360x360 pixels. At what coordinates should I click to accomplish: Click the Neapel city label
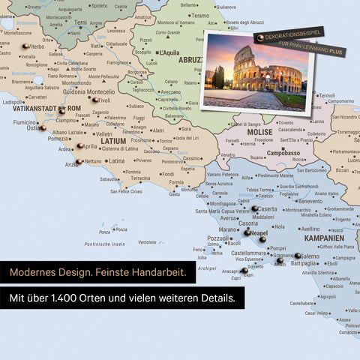point(258,233)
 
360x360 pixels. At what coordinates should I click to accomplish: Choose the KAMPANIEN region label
point(323,237)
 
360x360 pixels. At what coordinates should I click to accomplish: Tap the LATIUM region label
point(112,140)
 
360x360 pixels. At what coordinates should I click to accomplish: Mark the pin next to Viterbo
point(25,46)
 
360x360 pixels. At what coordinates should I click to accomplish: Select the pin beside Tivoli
point(94,100)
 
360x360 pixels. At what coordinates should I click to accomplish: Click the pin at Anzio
point(79,162)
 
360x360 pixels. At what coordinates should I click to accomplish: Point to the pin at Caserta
point(254,209)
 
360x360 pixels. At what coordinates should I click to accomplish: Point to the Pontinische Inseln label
point(104,244)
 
